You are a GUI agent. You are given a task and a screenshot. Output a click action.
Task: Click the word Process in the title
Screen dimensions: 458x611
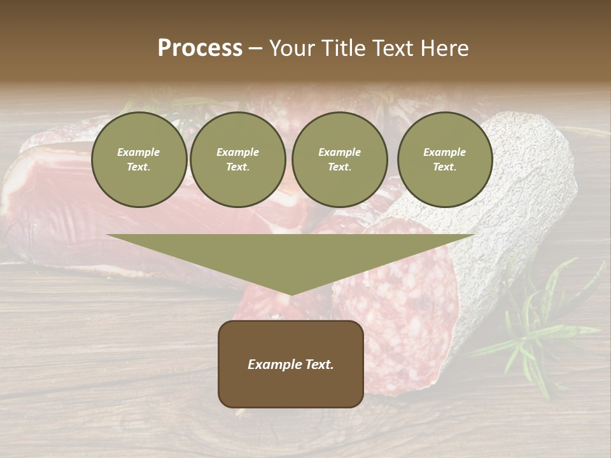pyautogui.click(x=200, y=48)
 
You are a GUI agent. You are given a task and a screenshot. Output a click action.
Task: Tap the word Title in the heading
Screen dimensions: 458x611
pyautogui.click(x=341, y=48)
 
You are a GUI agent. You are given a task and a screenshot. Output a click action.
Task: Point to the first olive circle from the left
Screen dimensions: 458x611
pyautogui.click(x=139, y=160)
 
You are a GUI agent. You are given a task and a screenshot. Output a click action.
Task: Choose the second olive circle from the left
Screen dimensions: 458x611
pyautogui.click(x=238, y=160)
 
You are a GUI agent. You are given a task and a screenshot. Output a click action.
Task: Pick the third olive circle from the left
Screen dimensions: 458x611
pyautogui.click(x=339, y=160)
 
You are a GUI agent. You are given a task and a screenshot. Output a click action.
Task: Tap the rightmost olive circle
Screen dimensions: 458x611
pyautogui.click(x=445, y=160)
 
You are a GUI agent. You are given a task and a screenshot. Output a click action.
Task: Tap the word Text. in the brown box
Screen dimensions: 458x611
pyautogui.click(x=320, y=364)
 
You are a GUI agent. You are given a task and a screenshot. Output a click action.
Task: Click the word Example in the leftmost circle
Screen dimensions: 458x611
pyautogui.click(x=139, y=152)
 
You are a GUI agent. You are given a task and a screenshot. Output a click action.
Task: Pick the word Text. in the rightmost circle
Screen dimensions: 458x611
pyautogui.click(x=445, y=167)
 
